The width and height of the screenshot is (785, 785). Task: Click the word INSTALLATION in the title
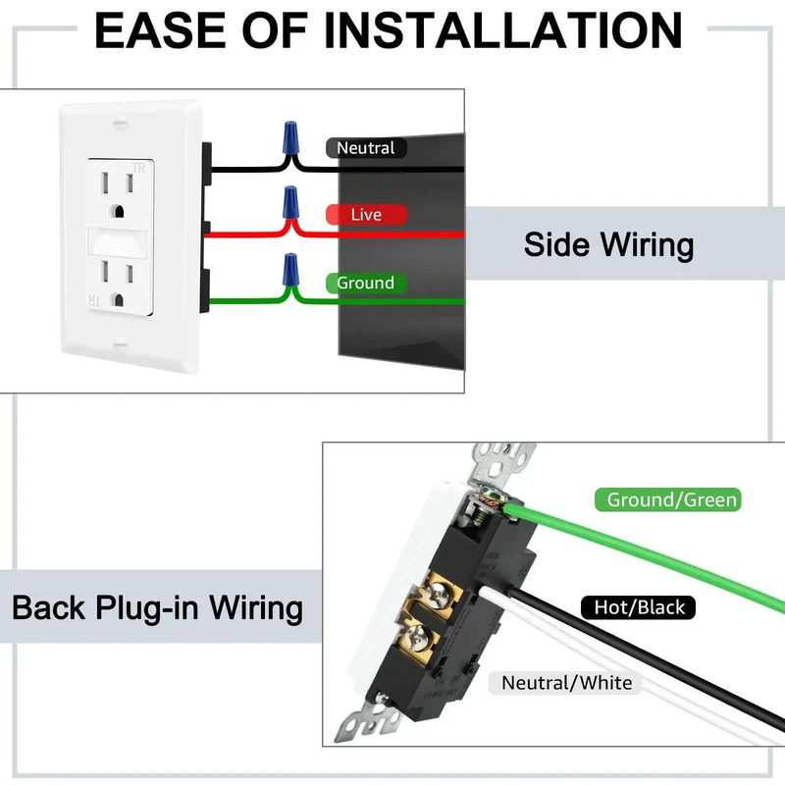(502, 31)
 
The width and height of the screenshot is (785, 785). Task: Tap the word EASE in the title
(160, 31)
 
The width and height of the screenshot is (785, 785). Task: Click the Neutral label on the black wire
(366, 148)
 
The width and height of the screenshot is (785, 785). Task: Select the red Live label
(366, 215)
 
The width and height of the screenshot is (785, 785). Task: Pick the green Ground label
(365, 283)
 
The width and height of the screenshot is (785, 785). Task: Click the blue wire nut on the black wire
(289, 136)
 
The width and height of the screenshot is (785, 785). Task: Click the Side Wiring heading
(608, 244)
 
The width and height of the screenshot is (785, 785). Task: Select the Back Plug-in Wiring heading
(157, 607)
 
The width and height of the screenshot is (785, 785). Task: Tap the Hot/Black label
(639, 607)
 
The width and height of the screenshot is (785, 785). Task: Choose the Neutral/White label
(566, 683)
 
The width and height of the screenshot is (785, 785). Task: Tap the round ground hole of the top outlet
(118, 211)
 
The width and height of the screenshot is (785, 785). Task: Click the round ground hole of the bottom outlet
(118, 300)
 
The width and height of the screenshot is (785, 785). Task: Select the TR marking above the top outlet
(138, 168)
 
